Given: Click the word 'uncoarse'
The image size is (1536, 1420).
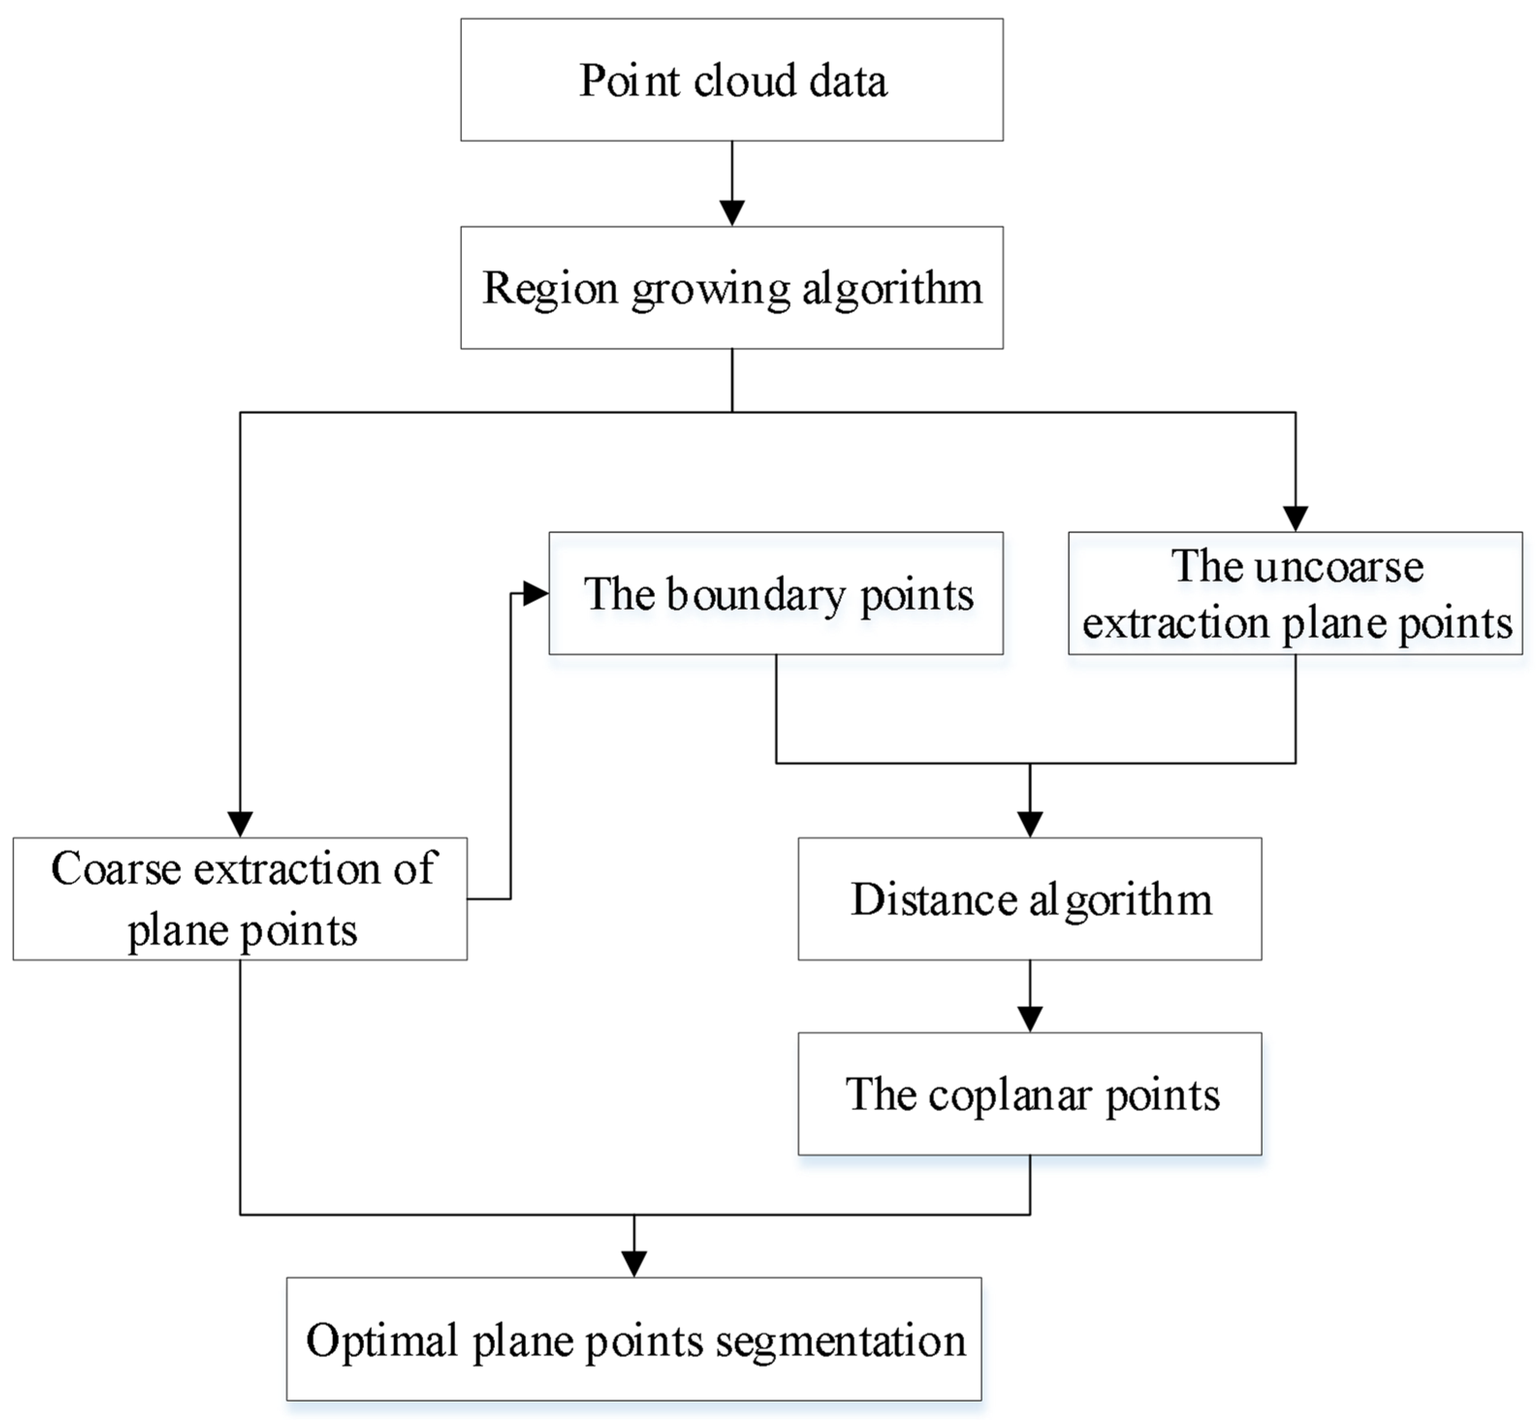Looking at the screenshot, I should (x=1338, y=567).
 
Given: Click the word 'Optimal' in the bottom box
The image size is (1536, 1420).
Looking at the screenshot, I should (x=381, y=1341).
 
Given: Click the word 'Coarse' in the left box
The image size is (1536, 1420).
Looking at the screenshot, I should (x=115, y=869).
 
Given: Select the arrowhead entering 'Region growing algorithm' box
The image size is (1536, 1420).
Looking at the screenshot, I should (x=732, y=212).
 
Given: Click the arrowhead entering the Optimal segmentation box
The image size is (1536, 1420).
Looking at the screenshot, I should (x=633, y=1263).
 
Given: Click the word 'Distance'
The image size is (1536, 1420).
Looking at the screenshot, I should (x=934, y=899).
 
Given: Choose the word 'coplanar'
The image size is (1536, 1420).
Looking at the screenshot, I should (x=1009, y=1095).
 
